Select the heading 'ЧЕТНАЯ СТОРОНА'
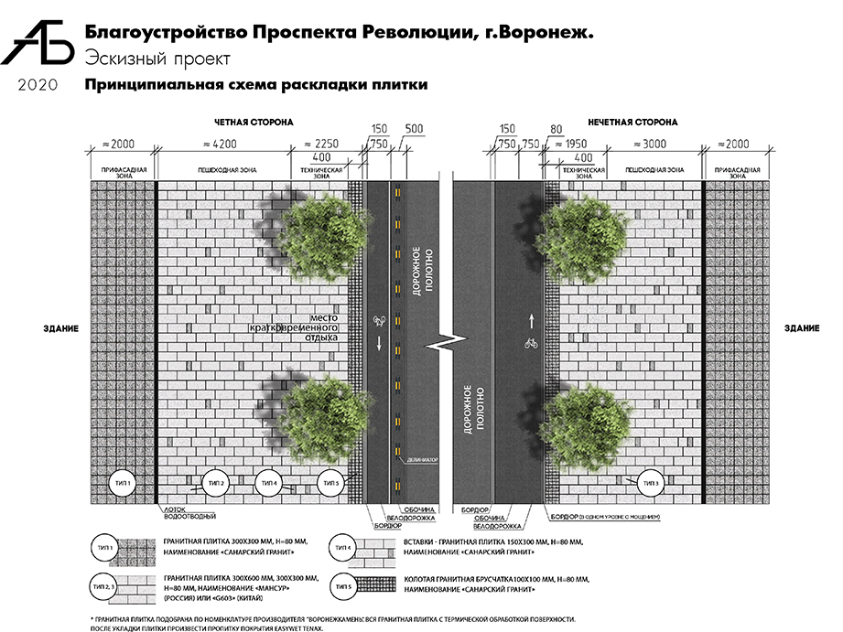click(x=254, y=122)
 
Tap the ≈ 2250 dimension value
click(x=325, y=144)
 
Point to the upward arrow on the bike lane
click(x=529, y=320)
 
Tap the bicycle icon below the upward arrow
click(x=529, y=344)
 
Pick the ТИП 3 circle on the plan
click(x=651, y=483)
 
